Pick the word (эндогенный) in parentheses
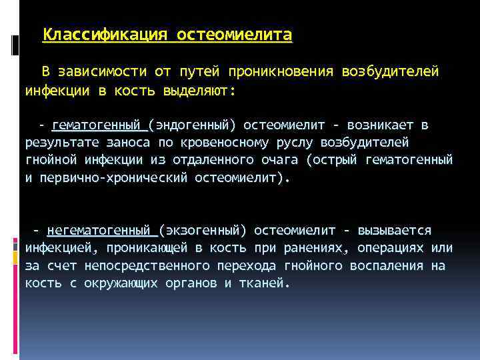pyautogui.click(x=193, y=125)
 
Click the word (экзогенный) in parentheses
pyautogui.click(x=203, y=231)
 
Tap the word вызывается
pyautogui.click(x=395, y=231)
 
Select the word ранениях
pyautogui.click(x=317, y=249)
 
